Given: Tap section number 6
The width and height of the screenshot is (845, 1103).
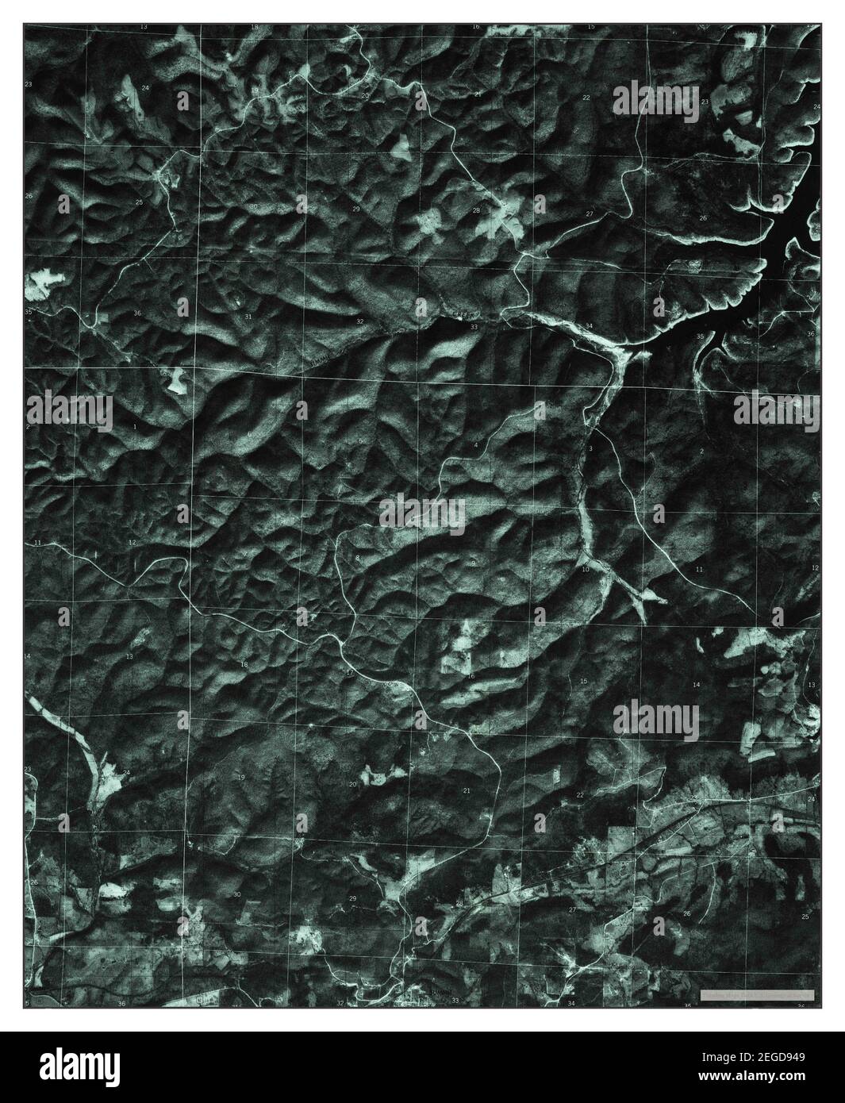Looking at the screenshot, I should click(x=248, y=434).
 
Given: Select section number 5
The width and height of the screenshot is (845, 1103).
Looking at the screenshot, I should click(x=361, y=440).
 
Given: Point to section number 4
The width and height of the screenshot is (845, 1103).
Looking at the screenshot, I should click(x=476, y=446).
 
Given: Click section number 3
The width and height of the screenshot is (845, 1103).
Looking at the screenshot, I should click(x=591, y=449).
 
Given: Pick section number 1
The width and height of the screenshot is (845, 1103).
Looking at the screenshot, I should click(x=135, y=427).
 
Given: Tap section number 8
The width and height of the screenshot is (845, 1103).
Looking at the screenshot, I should click(x=358, y=559).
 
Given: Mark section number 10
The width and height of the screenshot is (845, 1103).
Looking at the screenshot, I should click(x=586, y=570).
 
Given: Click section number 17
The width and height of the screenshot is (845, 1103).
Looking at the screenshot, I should click(x=350, y=672).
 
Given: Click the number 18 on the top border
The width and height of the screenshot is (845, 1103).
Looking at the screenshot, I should click(x=255, y=27).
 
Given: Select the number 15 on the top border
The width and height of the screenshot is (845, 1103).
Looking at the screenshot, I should click(x=591, y=27).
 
